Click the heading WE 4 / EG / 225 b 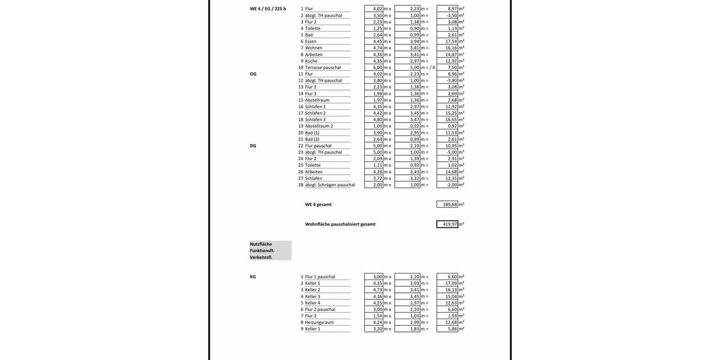[x=268, y=9]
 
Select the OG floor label [x=253, y=74]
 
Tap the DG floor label [x=253, y=146]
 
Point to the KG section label [x=253, y=277]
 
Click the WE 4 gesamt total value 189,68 [x=449, y=205]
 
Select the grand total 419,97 [x=449, y=224]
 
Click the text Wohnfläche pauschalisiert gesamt [x=340, y=224]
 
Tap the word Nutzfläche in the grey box [x=261, y=244]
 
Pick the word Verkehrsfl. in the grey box [x=261, y=257]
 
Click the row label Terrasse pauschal [x=323, y=68]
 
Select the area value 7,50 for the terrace [x=452, y=68]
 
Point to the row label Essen [x=311, y=41]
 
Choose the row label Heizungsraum [x=319, y=322]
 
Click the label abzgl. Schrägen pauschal [x=329, y=185]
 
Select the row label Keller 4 [x=312, y=303]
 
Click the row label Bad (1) [x=312, y=133]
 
